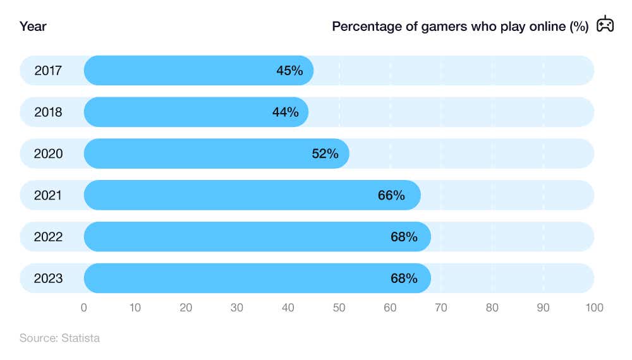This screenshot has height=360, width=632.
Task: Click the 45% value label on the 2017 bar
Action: click(x=289, y=71)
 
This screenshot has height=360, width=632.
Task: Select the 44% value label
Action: click(x=285, y=112)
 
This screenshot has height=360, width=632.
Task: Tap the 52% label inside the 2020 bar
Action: click(x=325, y=153)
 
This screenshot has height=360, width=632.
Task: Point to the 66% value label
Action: click(x=391, y=195)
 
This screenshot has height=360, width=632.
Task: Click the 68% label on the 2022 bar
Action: click(x=404, y=237)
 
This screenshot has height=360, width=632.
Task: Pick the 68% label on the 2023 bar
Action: click(x=404, y=278)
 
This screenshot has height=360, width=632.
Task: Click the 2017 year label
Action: click(x=48, y=71)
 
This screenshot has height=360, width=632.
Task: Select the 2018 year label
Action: click(x=48, y=112)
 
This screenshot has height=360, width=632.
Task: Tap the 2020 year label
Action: click(x=48, y=153)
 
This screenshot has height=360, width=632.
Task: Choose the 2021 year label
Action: click(x=48, y=195)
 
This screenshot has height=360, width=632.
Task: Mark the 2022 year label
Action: click(x=48, y=237)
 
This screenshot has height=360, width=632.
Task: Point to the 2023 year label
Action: click(x=48, y=278)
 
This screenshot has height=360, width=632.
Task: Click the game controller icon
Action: click(x=605, y=25)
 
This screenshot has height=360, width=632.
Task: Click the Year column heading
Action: click(x=33, y=27)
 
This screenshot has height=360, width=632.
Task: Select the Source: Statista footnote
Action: click(x=59, y=338)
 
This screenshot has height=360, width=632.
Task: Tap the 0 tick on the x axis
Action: click(x=84, y=308)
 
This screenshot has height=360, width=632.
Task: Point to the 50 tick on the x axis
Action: click(x=339, y=308)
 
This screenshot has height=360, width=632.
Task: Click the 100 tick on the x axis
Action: click(x=594, y=308)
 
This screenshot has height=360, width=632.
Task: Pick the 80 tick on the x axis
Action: click(x=492, y=308)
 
